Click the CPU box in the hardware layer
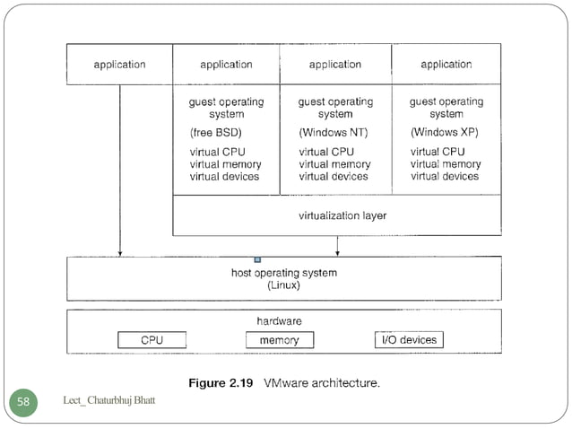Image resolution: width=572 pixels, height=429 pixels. click(x=152, y=340)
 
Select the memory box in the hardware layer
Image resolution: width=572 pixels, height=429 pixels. click(x=279, y=340)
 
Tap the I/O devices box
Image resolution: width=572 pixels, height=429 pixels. click(x=408, y=339)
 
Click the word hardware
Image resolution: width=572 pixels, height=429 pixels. click(x=279, y=320)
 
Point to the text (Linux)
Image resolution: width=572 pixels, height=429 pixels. click(x=283, y=285)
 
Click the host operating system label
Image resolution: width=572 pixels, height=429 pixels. click(x=283, y=273)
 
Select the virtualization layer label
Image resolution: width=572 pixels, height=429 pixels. click(x=342, y=215)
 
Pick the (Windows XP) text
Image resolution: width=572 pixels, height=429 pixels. click(x=446, y=132)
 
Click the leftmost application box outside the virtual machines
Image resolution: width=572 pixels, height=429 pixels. click(x=119, y=65)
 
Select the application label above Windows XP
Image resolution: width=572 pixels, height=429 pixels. click(x=446, y=65)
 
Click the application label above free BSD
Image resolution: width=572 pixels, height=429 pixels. click(x=226, y=65)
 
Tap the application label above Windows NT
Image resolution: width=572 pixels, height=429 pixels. click(x=334, y=65)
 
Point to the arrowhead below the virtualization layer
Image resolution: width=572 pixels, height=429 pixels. click(x=337, y=252)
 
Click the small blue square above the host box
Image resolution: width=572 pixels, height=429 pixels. click(x=257, y=259)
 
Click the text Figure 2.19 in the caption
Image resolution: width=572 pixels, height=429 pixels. click(x=221, y=383)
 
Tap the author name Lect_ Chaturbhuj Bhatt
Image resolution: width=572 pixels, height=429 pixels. click(x=109, y=399)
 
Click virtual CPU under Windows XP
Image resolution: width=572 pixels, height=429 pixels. click(x=438, y=152)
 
